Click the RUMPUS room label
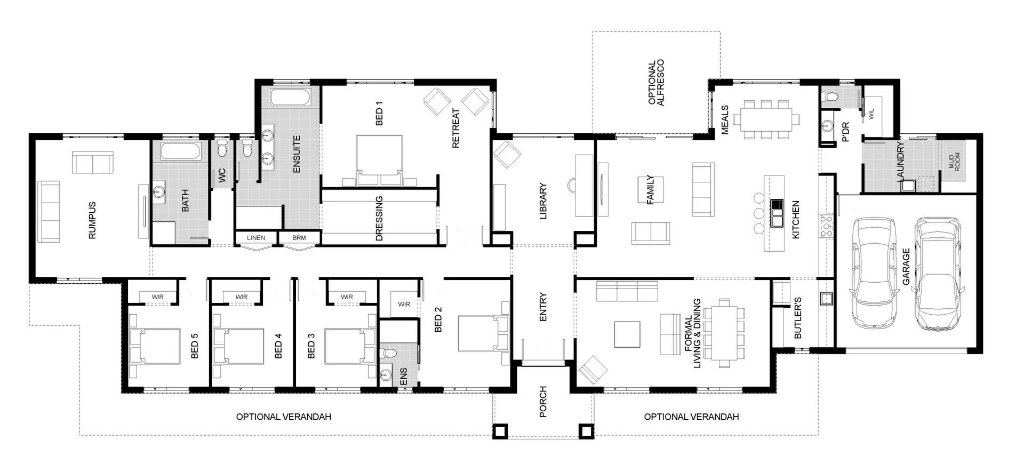click(92, 220)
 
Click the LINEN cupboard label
click(256, 237)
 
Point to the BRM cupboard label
click(299, 237)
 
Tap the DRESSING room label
click(379, 218)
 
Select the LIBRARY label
click(543, 201)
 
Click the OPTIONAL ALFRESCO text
click(655, 83)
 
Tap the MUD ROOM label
click(954, 161)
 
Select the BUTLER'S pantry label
click(798, 318)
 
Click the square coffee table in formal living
click(627, 334)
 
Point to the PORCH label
click(543, 402)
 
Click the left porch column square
click(501, 431)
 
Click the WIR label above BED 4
click(242, 297)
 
